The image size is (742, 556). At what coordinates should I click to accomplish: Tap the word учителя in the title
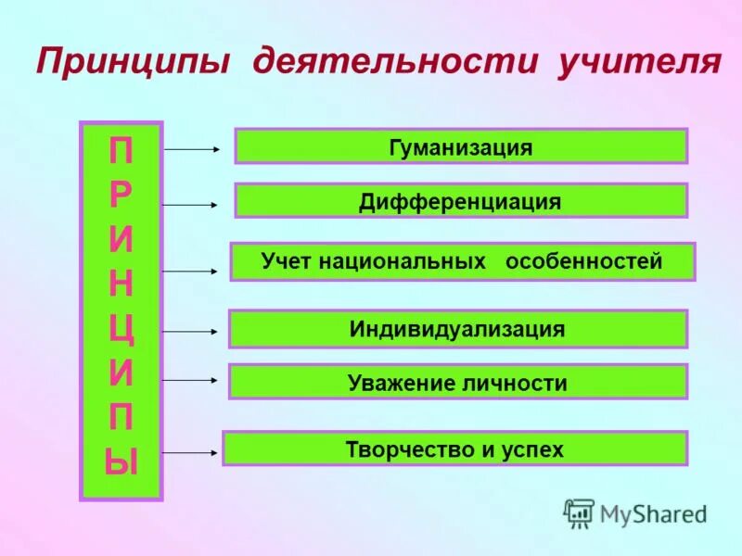click(x=639, y=63)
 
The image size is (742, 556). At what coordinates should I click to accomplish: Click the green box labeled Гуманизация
click(x=460, y=146)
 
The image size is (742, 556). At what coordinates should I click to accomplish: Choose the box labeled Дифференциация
click(x=460, y=201)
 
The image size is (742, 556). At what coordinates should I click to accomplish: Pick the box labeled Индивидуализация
click(x=457, y=329)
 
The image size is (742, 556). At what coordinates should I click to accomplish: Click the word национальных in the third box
click(x=403, y=262)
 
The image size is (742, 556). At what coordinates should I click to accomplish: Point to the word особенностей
click(x=583, y=262)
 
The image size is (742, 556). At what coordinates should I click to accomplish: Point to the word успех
click(x=533, y=449)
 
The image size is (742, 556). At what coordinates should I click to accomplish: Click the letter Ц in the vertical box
click(x=122, y=329)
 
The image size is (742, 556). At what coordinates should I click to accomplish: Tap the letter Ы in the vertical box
click(x=122, y=461)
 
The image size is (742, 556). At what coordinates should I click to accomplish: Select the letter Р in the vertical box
click(x=122, y=195)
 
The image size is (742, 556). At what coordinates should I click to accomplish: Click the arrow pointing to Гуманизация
click(x=192, y=147)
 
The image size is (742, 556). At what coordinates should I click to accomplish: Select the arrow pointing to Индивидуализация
click(x=191, y=331)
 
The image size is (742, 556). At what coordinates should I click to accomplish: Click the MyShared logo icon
click(x=580, y=512)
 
